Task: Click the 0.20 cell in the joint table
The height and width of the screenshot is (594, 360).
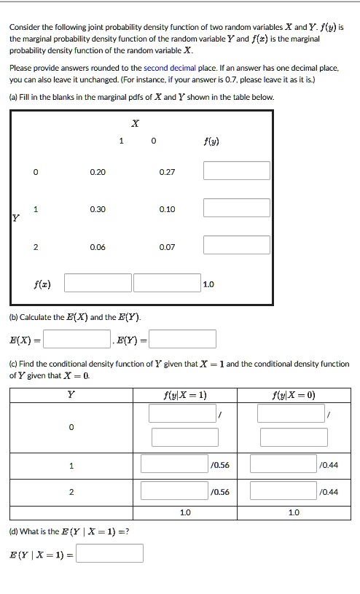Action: pos(98,172)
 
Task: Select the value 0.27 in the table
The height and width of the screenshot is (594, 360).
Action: pos(167,172)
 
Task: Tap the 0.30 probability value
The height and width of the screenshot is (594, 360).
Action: pos(98,209)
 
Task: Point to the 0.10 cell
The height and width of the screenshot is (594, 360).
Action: pos(167,209)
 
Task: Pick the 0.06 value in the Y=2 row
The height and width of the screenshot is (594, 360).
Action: pos(98,247)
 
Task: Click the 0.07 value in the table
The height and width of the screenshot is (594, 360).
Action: pos(167,247)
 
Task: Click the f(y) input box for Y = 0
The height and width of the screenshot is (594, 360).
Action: pos(236,171)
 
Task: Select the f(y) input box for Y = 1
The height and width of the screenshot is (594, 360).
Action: pos(236,208)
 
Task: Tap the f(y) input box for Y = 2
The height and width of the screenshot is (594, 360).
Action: pos(236,245)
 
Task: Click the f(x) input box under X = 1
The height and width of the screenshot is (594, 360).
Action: pos(98,283)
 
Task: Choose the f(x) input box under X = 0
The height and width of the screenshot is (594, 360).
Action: pos(166,283)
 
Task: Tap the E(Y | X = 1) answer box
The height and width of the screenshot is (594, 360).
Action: pos(109,554)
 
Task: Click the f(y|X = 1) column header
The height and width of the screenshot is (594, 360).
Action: pos(185,394)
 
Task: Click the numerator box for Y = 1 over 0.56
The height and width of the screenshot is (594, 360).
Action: pos(174,464)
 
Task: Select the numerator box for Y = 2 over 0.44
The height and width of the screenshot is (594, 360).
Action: pos(283,491)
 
